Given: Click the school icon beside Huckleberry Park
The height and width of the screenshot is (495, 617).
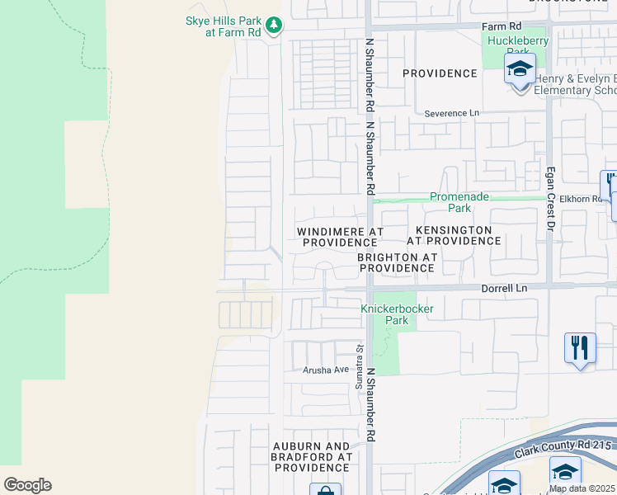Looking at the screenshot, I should pos(520,70).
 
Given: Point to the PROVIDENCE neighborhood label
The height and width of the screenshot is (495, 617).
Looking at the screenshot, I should pos(440,73).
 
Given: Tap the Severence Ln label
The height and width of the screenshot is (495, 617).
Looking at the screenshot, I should pos(451,113).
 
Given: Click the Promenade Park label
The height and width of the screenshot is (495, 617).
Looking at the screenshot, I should pos(459,203).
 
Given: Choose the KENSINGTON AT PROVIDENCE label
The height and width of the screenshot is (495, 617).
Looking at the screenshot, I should pos(454,235).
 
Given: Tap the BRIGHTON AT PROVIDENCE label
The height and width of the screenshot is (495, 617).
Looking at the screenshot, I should pos(396,262).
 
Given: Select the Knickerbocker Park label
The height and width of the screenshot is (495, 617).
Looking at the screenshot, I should pos(397,314).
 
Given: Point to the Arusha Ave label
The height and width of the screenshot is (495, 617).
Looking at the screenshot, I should pos(325,370).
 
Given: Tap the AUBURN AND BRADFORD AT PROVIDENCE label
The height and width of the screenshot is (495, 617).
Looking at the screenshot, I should pos(313,456).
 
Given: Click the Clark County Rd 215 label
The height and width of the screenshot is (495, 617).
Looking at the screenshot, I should pos(564,449).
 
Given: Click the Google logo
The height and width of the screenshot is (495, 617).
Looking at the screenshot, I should pos(27,485).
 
